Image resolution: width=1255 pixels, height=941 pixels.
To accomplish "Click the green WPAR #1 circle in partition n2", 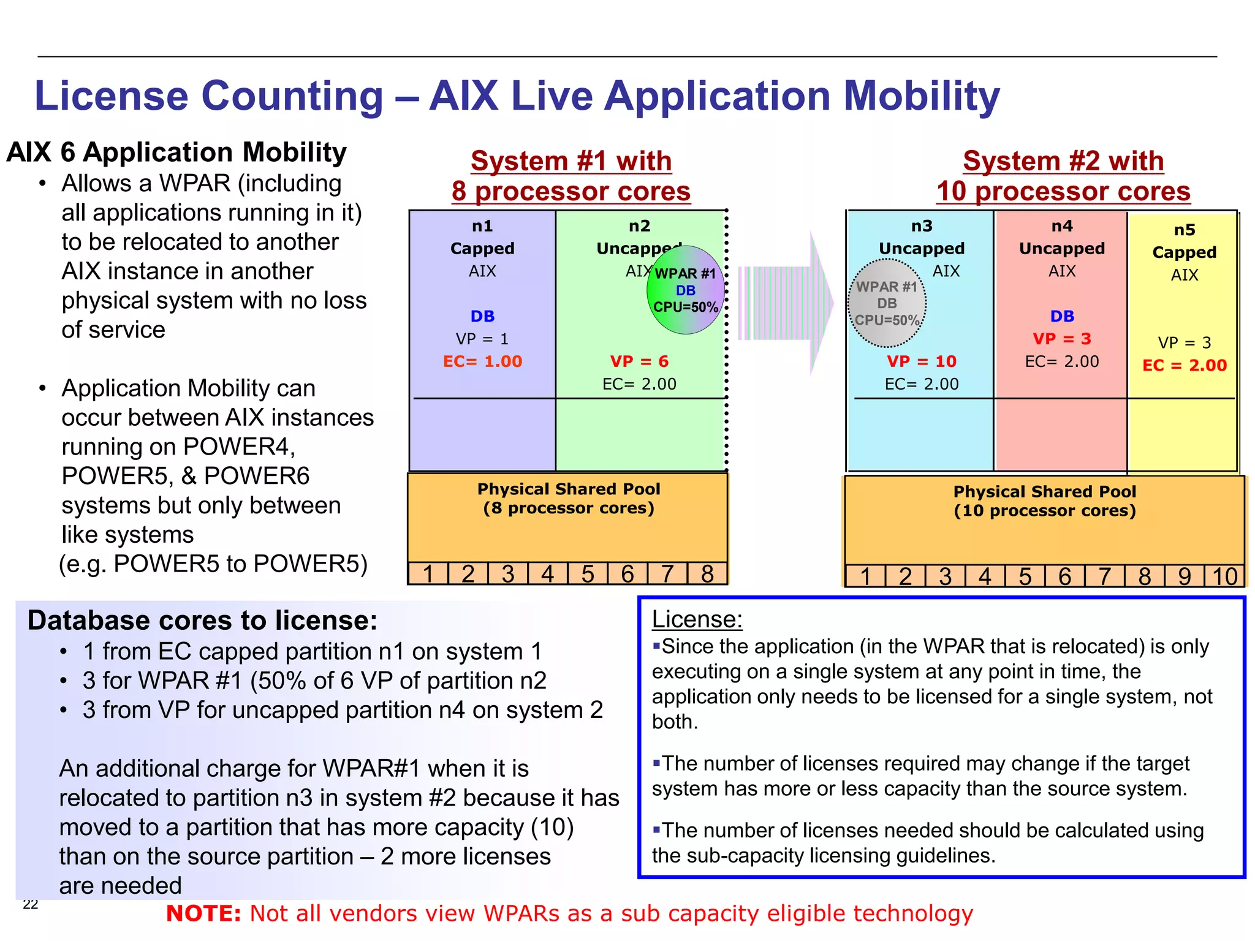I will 685,290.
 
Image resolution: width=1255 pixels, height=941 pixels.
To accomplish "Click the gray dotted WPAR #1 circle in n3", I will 886,303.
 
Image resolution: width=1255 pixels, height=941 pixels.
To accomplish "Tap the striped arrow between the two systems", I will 787,303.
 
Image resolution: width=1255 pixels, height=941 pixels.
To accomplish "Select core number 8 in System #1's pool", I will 707,574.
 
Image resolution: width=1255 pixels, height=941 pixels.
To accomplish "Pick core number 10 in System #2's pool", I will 1224,576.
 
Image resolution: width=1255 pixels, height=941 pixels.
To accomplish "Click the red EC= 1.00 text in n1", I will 482,361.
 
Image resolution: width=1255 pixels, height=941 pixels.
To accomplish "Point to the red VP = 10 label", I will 921,361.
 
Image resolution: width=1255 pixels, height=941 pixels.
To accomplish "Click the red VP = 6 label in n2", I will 639,361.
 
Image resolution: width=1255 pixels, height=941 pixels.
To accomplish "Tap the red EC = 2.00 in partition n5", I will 1184,365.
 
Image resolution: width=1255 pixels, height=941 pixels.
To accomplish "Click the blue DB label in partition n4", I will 1062,316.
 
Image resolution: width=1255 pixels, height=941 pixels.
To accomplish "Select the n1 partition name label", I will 482,226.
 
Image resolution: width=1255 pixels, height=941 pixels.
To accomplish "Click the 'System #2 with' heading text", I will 1063,161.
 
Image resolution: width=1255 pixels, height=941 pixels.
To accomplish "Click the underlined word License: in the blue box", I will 697,619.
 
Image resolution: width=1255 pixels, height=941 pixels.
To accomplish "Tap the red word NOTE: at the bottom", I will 203,913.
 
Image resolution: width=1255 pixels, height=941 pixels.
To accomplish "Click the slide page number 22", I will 31,904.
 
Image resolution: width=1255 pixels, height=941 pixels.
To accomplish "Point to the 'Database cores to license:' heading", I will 202,621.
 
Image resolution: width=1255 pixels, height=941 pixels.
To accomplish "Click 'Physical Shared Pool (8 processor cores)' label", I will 568,498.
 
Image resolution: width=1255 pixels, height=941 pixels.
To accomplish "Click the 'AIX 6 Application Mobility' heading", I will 176,152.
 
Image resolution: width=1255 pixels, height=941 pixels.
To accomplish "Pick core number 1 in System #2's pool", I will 865,576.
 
